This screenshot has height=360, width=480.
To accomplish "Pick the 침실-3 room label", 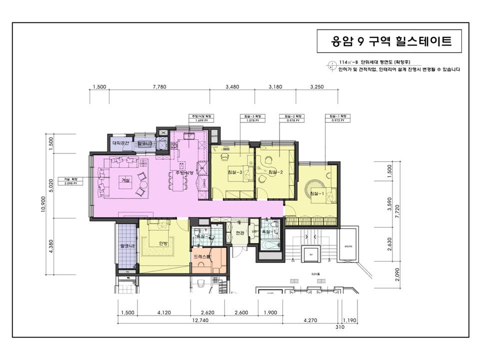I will pos(234,172).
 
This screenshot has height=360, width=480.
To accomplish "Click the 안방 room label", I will pos(163,243).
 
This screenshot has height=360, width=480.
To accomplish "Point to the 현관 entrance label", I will pos(239,233).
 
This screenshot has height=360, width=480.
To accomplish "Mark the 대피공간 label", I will pos(120,143).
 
